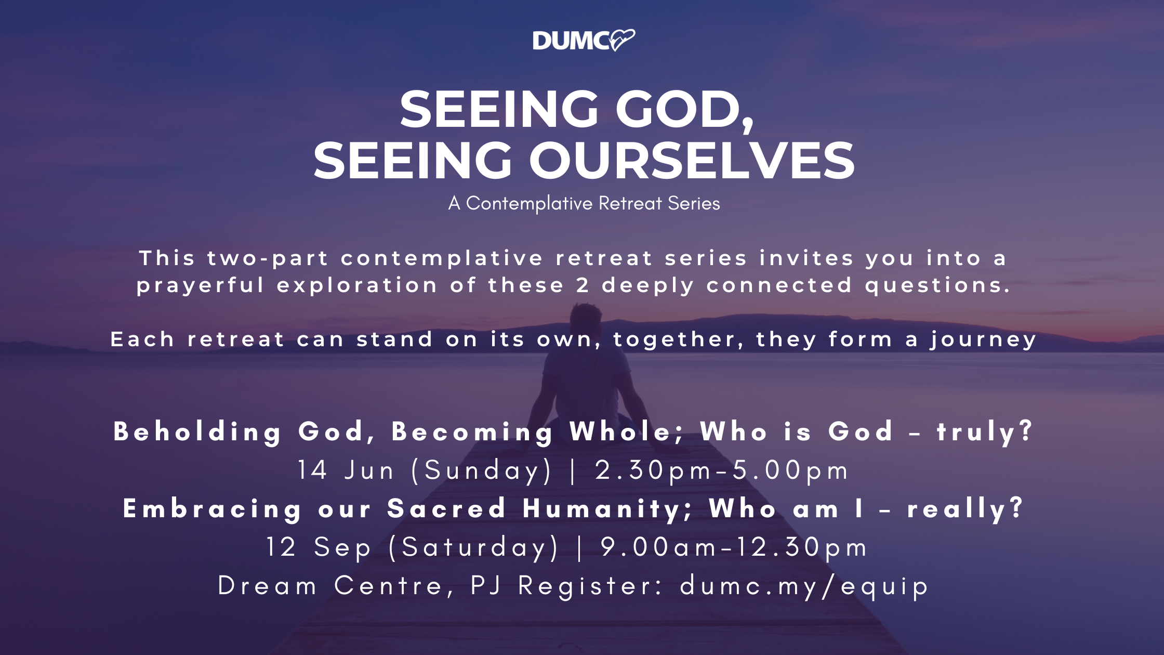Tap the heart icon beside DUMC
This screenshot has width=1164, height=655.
click(x=622, y=40)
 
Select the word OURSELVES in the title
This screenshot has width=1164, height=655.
click(x=692, y=161)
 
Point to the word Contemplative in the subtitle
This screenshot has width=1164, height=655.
click(x=529, y=204)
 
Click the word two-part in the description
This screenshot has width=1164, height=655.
click(x=268, y=258)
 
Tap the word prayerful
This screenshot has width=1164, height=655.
click(x=201, y=286)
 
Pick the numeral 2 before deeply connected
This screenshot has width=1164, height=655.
click(x=583, y=285)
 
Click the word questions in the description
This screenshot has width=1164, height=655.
click(x=937, y=286)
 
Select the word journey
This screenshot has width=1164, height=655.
click(x=983, y=340)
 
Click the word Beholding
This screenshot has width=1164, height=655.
click(x=197, y=432)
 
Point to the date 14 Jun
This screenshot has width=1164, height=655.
click(x=346, y=470)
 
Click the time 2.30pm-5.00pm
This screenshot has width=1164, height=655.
click(x=721, y=471)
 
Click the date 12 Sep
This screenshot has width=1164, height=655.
click(x=319, y=547)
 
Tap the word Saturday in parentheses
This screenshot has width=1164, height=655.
click(x=473, y=547)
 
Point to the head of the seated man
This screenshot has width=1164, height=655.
click(x=586, y=321)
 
